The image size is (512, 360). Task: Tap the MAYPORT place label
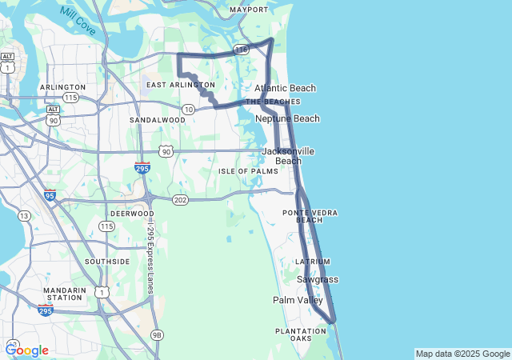click(x=249, y=10)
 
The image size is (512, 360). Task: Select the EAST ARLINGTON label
click(x=181, y=85)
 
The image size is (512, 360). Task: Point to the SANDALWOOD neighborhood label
click(x=158, y=120)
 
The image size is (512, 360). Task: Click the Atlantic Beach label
click(x=285, y=88)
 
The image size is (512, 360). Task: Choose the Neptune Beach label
click(x=287, y=118)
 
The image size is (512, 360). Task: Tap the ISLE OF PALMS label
click(x=249, y=171)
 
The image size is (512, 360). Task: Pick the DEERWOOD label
click(x=131, y=214)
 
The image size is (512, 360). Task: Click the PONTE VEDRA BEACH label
click(x=310, y=216)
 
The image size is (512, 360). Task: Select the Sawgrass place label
click(x=318, y=279)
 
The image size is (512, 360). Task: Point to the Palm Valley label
click(x=298, y=300)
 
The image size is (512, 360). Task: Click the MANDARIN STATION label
click(x=64, y=294)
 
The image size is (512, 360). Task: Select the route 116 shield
click(x=241, y=50)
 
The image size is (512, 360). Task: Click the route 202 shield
click(x=180, y=199)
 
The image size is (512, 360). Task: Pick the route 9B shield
click(x=157, y=334)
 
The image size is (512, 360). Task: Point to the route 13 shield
click(x=25, y=215)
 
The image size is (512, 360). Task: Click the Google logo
click(x=27, y=350)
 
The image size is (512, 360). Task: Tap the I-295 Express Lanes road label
click(x=150, y=256)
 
